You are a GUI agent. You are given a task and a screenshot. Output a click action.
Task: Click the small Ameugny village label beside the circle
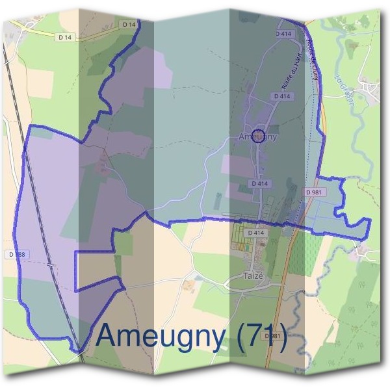[x=257, y=137]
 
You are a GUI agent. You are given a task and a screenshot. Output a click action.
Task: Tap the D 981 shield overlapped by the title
[x=274, y=335]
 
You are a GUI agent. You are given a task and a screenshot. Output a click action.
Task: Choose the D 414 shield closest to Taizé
[x=255, y=233]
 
